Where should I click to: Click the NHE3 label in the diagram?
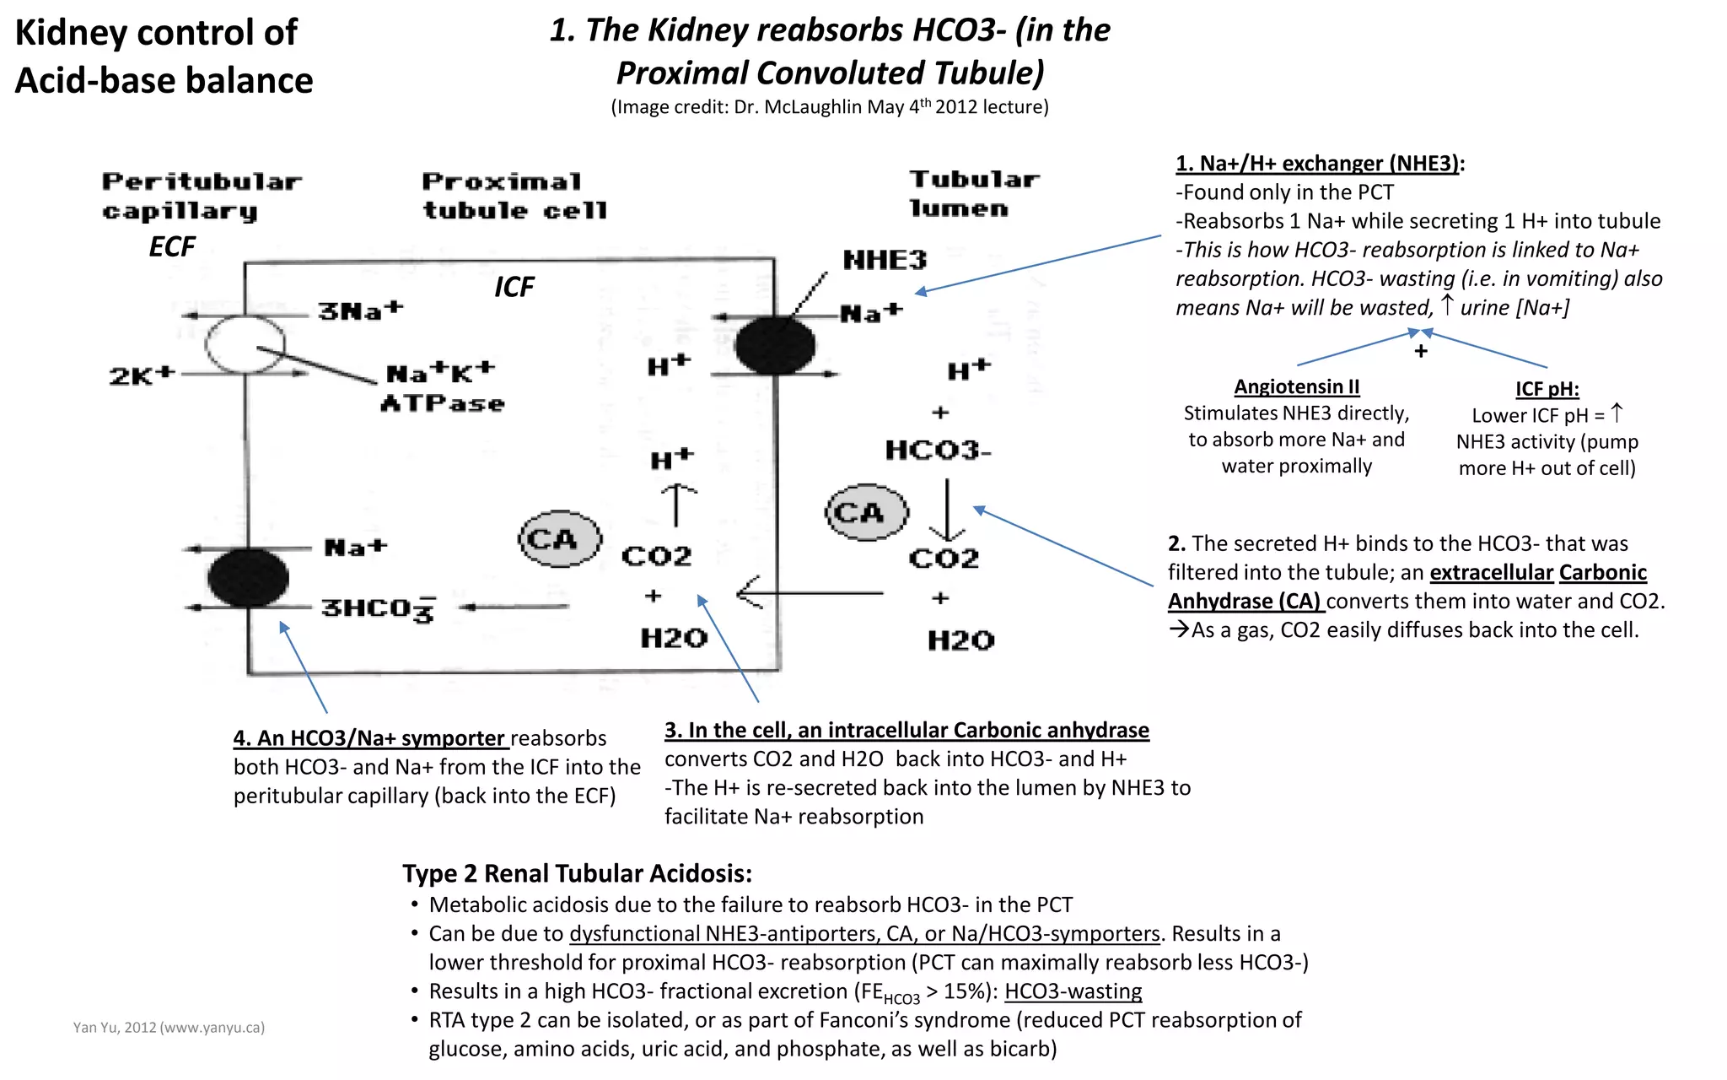[885, 260]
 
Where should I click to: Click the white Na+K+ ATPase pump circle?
[245, 344]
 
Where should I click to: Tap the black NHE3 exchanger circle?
[775, 345]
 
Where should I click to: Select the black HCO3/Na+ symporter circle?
[248, 578]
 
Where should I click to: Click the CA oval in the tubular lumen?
[866, 512]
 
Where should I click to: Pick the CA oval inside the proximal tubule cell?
[560, 538]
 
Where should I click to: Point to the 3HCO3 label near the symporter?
[378, 608]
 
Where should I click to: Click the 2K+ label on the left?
[142, 375]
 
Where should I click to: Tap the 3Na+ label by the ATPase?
[361, 310]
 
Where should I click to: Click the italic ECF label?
[172, 246]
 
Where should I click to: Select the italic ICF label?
[514, 287]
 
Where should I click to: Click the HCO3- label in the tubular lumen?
[938, 451]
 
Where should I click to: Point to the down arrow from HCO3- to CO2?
[947, 510]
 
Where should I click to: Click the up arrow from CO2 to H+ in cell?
[676, 505]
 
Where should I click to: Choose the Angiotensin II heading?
[1296, 386]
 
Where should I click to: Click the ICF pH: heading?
[1547, 389]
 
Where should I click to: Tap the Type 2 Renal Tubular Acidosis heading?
[577, 873]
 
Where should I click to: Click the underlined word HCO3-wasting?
[1073, 991]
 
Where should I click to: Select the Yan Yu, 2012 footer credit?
[169, 1027]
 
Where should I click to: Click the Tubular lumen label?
[973, 193]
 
